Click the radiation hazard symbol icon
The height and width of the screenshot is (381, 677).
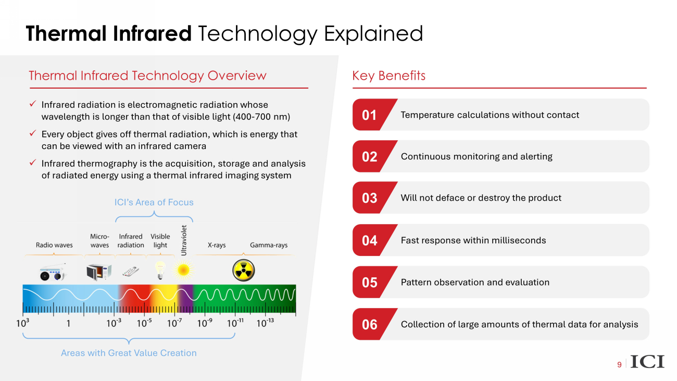tap(244, 271)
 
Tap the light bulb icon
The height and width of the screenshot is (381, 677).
tap(160, 271)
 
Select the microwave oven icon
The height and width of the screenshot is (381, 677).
tap(99, 272)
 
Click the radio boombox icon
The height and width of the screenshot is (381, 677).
tap(53, 272)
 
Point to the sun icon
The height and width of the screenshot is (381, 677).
tap(183, 270)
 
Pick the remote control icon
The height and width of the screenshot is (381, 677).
tap(131, 272)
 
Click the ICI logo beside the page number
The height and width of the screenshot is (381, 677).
tap(647, 362)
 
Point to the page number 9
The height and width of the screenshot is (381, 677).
tap(619, 365)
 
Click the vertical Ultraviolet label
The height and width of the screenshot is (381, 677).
tap(184, 240)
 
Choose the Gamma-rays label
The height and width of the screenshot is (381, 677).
tap(269, 245)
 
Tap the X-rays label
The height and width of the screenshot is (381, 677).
tap(217, 245)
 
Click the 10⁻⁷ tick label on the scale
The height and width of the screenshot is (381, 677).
tap(174, 323)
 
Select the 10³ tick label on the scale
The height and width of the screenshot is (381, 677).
tap(23, 323)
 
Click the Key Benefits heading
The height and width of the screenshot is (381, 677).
tap(389, 76)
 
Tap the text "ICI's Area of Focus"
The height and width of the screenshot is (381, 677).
tap(154, 202)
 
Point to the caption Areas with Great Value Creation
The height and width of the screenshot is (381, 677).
tap(129, 353)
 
